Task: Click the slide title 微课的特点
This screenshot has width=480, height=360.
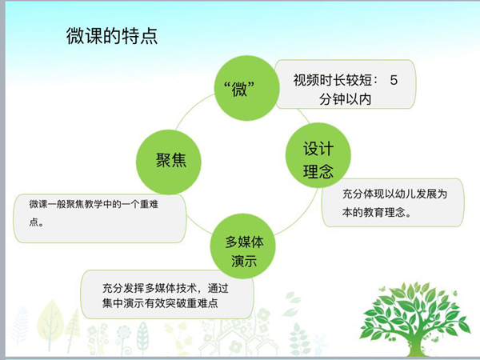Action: coord(112,36)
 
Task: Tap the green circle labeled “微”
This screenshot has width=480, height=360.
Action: coord(246,88)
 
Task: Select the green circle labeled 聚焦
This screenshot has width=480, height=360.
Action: coord(169,162)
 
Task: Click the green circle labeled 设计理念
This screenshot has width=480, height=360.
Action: coord(318,155)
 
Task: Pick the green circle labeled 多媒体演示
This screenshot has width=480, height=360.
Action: coord(242,246)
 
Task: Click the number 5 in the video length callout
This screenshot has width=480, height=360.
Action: coord(394,80)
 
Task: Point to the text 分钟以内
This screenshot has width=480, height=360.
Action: coord(346,99)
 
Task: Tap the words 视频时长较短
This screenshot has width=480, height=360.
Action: coord(333,80)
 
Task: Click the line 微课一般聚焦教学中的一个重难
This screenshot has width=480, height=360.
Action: coord(94,204)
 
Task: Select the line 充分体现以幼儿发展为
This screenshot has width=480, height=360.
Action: coord(395,194)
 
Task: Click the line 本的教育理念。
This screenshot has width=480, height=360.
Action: coord(377,212)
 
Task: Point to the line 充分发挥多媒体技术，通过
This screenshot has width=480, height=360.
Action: coord(166,288)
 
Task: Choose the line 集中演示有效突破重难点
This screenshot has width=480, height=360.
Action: coord(160,303)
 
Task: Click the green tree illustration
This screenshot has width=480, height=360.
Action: coord(416,318)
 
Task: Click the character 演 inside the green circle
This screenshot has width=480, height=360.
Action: coord(238,261)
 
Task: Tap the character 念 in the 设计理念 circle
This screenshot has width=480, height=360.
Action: coord(326,171)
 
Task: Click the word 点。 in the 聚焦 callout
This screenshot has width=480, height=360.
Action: coord(37,222)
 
